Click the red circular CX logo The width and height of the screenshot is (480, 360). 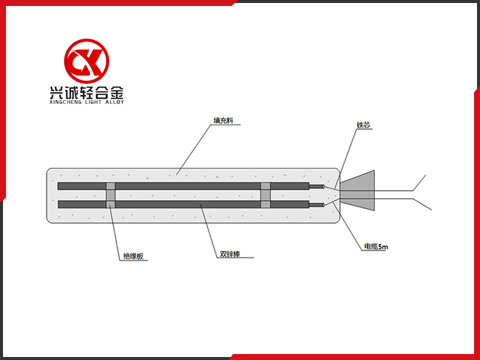(86, 61)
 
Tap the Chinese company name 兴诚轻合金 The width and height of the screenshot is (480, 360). (86, 92)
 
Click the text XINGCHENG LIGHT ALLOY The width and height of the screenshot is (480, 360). (86, 102)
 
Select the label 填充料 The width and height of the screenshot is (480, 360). (223, 121)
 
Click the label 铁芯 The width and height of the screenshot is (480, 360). (364, 125)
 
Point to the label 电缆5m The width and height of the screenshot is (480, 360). (376, 247)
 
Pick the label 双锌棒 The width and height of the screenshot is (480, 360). (230, 254)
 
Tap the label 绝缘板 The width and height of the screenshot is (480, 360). (133, 256)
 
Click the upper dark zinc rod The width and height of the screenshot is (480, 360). (184, 186)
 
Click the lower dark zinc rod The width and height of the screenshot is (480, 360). (184, 204)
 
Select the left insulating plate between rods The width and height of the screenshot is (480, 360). (111, 195)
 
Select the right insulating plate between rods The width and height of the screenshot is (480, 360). (265, 195)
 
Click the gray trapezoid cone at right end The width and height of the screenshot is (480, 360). (357, 190)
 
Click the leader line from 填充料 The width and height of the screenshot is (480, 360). (194, 149)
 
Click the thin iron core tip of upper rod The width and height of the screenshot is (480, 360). (317, 186)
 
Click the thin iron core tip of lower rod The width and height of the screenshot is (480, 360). (317, 205)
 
